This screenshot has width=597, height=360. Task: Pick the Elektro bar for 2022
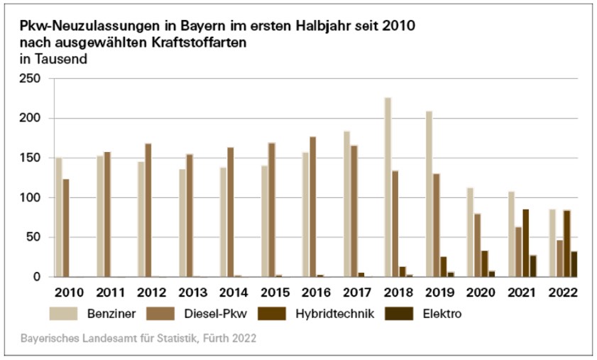[x=574, y=263]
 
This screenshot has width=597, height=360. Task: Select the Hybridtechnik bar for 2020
[x=484, y=263]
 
